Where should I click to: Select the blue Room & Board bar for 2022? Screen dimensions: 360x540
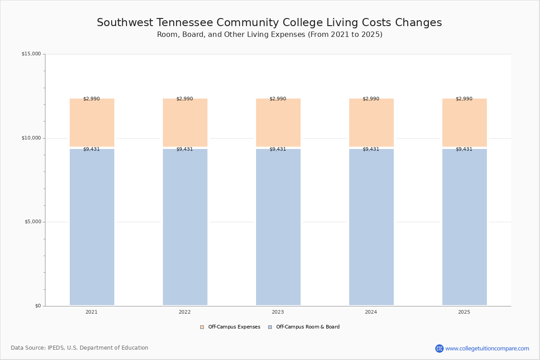tap(185, 227)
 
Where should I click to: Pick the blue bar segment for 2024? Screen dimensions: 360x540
tap(371, 227)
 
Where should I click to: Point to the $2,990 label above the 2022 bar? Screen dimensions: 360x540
tap(184, 99)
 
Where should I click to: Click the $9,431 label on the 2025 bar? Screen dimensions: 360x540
tap(464, 149)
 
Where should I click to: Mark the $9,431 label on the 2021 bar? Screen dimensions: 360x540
tap(91, 149)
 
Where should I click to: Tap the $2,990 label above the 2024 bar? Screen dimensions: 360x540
tap(371, 99)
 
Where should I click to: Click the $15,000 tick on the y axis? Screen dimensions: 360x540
tap(31, 54)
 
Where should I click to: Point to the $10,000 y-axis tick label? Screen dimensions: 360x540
tap(31, 138)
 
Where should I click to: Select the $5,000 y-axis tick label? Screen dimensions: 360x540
tap(32, 222)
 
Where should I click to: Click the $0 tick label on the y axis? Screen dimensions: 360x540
tap(38, 306)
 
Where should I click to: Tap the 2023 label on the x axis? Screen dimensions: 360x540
tap(278, 312)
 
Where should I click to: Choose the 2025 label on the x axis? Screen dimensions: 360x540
tap(464, 312)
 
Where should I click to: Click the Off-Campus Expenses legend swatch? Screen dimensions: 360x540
tap(202, 327)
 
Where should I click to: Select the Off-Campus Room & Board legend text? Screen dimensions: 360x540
tap(308, 327)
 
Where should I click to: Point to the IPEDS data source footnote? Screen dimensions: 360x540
tap(80, 348)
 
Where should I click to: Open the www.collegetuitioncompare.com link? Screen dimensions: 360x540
tap(487, 348)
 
